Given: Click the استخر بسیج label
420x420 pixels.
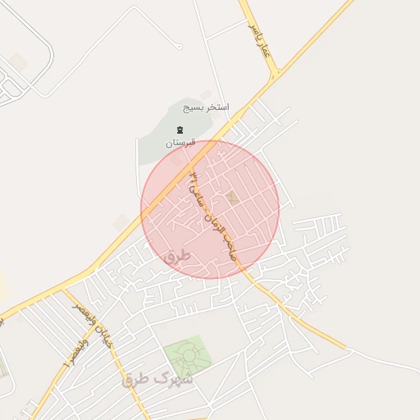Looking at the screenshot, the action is tap(207, 107).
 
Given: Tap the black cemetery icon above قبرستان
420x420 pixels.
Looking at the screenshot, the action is tap(180, 130).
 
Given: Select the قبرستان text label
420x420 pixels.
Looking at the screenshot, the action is tap(180, 142).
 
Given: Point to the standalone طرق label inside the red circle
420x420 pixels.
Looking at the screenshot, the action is tap(176, 257).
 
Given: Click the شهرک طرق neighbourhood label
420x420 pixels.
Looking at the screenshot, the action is tap(157, 379).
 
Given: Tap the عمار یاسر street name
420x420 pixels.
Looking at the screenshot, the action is tap(260, 38).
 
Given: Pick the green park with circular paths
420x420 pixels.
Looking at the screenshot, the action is tap(188, 356).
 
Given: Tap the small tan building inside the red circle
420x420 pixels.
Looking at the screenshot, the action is tap(233, 199).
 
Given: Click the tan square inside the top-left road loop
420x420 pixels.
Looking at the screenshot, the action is tap(18, 62).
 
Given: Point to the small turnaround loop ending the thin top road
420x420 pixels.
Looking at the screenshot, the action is tap(178, 46).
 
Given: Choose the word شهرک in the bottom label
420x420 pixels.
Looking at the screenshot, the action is tap(176, 379).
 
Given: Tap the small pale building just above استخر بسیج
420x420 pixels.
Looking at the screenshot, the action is tap(206, 94).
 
